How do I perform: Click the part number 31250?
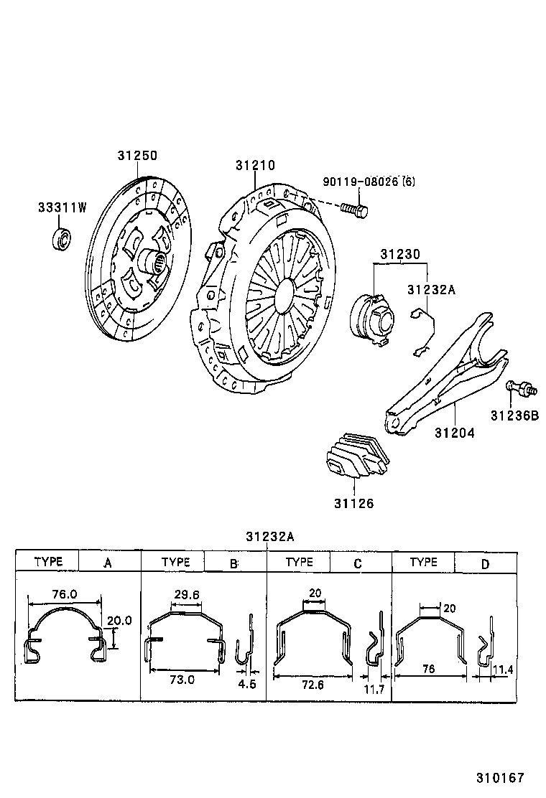(137, 156)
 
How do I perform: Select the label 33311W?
(63, 208)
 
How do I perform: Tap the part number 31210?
(255, 165)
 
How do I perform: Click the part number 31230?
(400, 254)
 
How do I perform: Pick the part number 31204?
(454, 433)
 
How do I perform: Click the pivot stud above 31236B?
(521, 388)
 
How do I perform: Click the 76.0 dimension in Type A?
(65, 595)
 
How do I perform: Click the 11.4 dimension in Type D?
(505, 670)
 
